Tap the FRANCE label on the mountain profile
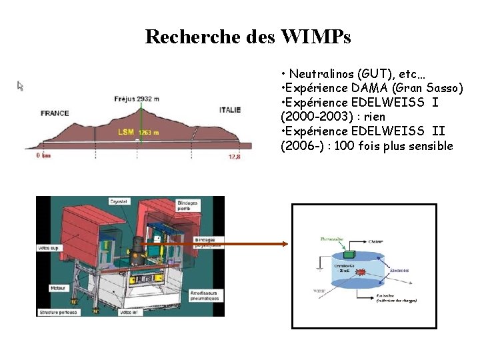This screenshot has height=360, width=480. click(55, 113)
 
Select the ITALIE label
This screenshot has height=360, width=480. click(230, 110)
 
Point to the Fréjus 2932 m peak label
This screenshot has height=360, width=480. click(137, 99)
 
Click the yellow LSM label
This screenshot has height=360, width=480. click(125, 132)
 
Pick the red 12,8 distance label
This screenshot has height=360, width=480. click(234, 156)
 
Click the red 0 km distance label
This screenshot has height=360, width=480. click(43, 156)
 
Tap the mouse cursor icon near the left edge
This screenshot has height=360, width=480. click(21, 85)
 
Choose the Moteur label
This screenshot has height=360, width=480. click(47, 289)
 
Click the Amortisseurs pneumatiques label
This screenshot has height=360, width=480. click(207, 295)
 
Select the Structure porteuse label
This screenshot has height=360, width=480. click(58, 311)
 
